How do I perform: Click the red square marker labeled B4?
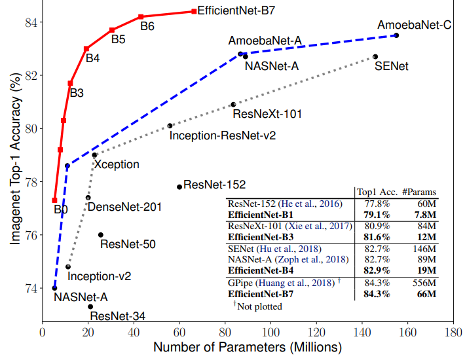click(x=86, y=48)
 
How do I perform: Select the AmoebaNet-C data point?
click(x=396, y=35)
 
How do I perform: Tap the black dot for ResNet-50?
click(x=101, y=234)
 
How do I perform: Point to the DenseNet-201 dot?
click(x=88, y=198)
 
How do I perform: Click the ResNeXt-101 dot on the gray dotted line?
click(x=233, y=105)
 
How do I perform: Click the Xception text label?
click(x=117, y=164)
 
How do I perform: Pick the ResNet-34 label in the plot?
click(x=118, y=317)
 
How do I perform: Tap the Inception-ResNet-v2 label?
click(x=223, y=136)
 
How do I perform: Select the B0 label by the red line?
click(x=61, y=210)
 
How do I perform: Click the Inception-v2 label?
click(x=100, y=277)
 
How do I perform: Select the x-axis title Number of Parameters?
click(x=248, y=347)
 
